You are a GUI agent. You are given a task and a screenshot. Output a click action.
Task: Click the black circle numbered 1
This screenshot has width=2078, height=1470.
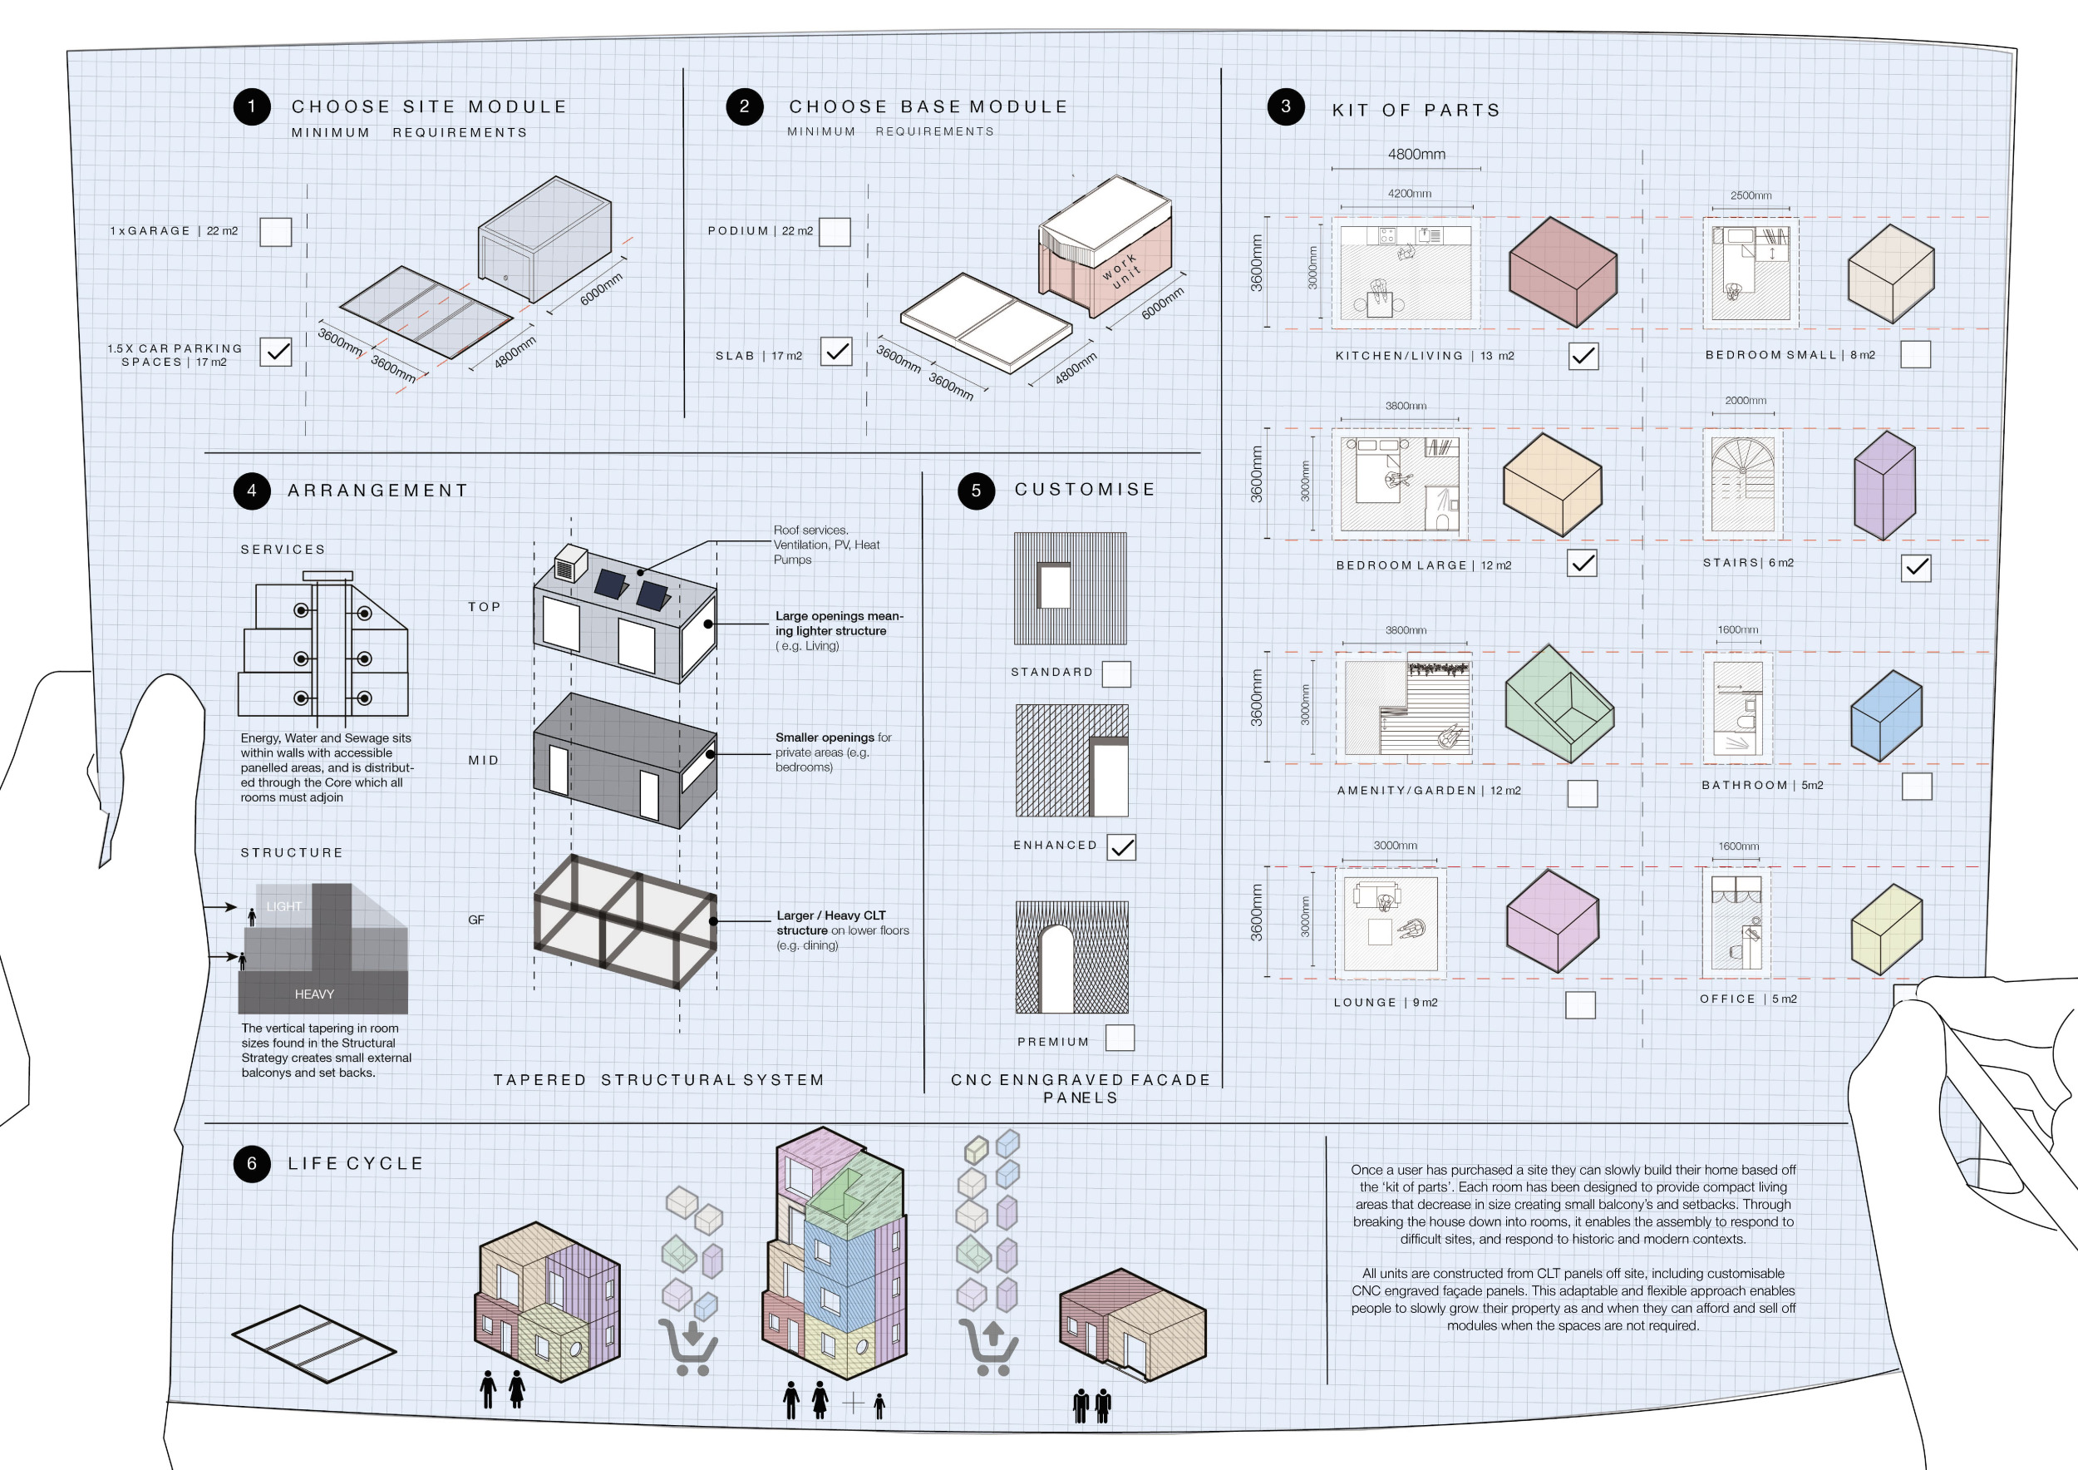click(x=252, y=106)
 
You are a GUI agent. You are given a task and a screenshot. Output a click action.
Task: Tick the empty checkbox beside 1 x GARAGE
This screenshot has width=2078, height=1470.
click(x=275, y=232)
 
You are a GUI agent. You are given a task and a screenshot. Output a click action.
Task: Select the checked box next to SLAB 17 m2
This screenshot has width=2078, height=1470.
click(x=836, y=351)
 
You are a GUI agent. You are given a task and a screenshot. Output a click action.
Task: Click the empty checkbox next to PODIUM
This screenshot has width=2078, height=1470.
click(x=835, y=232)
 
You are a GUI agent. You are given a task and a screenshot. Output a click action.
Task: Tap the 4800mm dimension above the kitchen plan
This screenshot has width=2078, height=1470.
click(x=1416, y=155)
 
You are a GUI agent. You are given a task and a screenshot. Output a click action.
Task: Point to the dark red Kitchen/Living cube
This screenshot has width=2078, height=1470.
click(x=1562, y=272)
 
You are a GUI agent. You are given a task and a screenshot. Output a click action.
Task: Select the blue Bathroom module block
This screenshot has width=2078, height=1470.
click(x=1885, y=715)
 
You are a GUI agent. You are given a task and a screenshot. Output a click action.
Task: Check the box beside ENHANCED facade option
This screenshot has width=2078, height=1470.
click(x=1121, y=847)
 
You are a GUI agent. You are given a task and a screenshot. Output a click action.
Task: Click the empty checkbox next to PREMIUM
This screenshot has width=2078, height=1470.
click(x=1120, y=1038)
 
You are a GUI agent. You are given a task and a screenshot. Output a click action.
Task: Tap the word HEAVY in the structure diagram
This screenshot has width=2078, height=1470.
click(x=314, y=994)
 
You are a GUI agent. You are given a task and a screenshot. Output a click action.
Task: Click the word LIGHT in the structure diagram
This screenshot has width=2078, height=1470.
click(x=284, y=906)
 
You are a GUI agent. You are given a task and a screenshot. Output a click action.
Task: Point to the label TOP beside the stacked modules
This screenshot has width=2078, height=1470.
click(x=485, y=606)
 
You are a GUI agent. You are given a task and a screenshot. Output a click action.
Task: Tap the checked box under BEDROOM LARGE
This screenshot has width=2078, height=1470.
click(x=1582, y=563)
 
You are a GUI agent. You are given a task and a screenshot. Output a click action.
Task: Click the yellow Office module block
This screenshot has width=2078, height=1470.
click(x=1886, y=930)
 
